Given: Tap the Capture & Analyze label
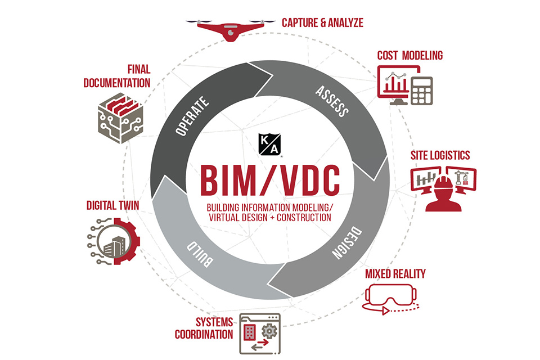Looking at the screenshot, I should pyautogui.click(x=322, y=23).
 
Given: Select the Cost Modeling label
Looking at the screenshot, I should pyautogui.click(x=410, y=55).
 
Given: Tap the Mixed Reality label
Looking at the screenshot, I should pyautogui.click(x=395, y=274).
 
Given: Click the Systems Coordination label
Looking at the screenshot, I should pyautogui.click(x=214, y=328).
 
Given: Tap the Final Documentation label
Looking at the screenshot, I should pyautogui.click(x=117, y=76).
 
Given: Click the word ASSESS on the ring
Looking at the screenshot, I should pyautogui.click(x=331, y=101).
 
